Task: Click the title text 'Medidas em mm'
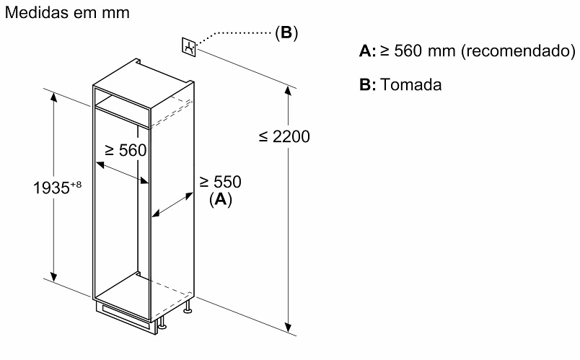pos(58,13)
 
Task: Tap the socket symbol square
pos(190,47)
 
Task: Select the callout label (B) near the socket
pos(286,33)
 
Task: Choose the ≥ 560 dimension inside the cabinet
pos(126,151)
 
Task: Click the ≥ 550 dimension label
pos(220,182)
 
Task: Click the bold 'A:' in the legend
pos(367,52)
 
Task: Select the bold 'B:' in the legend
pos(367,85)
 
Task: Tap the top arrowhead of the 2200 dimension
pos(290,89)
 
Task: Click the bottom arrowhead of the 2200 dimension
pos(290,331)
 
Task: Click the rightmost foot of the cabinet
pos(189,309)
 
